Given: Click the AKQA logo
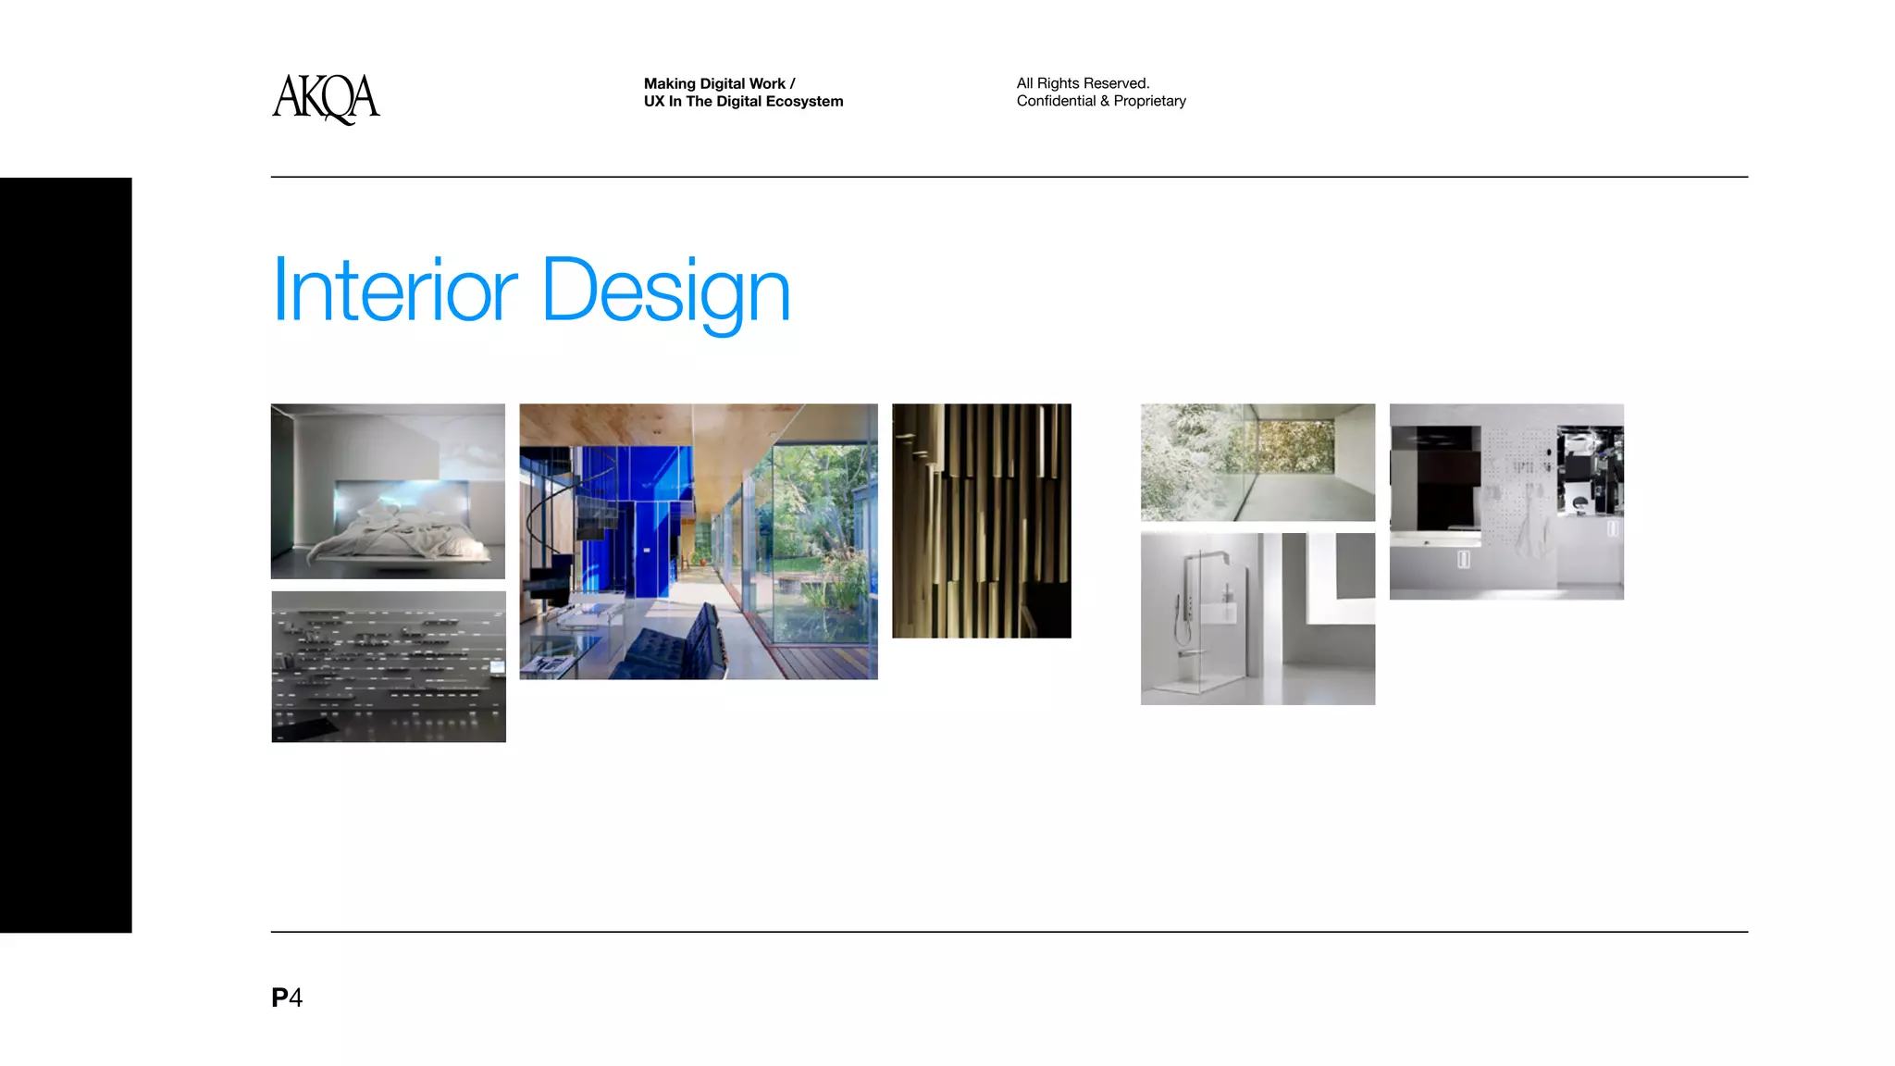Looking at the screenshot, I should [x=326, y=98].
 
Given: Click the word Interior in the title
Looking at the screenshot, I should [x=394, y=291].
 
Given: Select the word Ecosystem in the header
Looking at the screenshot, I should [x=804, y=102].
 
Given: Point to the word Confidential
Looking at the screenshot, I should [x=1056, y=101].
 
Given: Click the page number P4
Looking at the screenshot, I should [x=287, y=998].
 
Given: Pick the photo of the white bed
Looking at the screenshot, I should [x=388, y=490].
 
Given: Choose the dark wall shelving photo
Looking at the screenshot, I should [x=389, y=666].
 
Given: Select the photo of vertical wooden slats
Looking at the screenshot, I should [x=981, y=520].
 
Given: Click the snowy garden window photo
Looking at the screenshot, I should [x=1257, y=462].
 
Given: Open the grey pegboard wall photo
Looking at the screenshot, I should [x=1506, y=502].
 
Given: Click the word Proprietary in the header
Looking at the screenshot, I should [x=1149, y=101].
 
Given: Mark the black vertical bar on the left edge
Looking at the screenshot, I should [x=66, y=555].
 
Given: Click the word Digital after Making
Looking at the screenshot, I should [x=723, y=83].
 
